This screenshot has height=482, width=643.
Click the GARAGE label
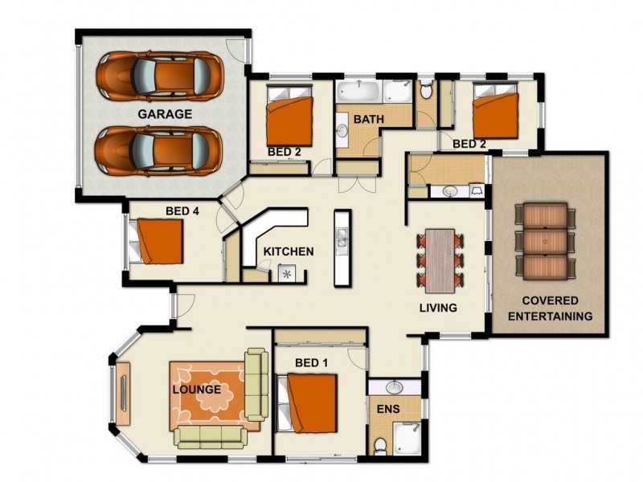164,114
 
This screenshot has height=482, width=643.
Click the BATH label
369,119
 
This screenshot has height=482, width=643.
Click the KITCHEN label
289,251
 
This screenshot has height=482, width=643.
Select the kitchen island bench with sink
342,247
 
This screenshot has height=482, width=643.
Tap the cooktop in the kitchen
287,274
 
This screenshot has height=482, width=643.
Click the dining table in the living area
440,259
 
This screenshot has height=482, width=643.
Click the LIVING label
438,308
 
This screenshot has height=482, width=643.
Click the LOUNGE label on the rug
197,390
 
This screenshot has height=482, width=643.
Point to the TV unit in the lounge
123,393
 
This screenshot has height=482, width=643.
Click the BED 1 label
311,362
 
